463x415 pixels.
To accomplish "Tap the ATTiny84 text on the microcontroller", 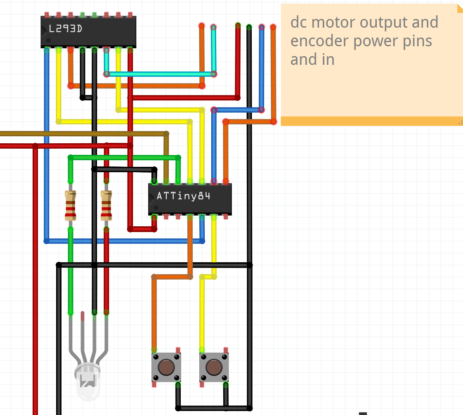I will click(x=183, y=196).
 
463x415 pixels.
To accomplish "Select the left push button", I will click(x=166, y=367).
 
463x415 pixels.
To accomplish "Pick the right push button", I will click(x=214, y=367).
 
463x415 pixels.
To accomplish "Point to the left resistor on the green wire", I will click(x=71, y=205).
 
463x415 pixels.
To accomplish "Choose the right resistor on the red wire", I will click(x=106, y=205).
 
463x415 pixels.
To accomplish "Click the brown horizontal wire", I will click(x=83, y=133).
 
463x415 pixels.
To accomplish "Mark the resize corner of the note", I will click(x=460, y=122).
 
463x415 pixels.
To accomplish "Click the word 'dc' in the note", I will click(x=299, y=22).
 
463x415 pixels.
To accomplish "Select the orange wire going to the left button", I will click(x=154, y=314).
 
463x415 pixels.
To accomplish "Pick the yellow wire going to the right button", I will click(x=202, y=314).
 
